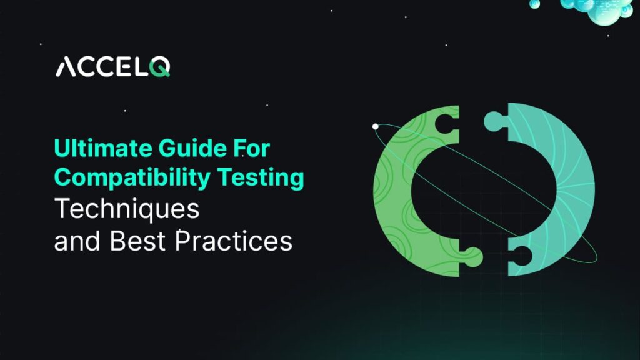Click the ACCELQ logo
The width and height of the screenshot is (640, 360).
point(112,66)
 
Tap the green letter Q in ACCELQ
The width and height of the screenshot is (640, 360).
point(160,66)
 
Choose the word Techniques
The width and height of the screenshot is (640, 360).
point(127,209)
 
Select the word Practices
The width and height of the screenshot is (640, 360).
point(233,241)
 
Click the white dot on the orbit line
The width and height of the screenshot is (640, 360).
point(376,126)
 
